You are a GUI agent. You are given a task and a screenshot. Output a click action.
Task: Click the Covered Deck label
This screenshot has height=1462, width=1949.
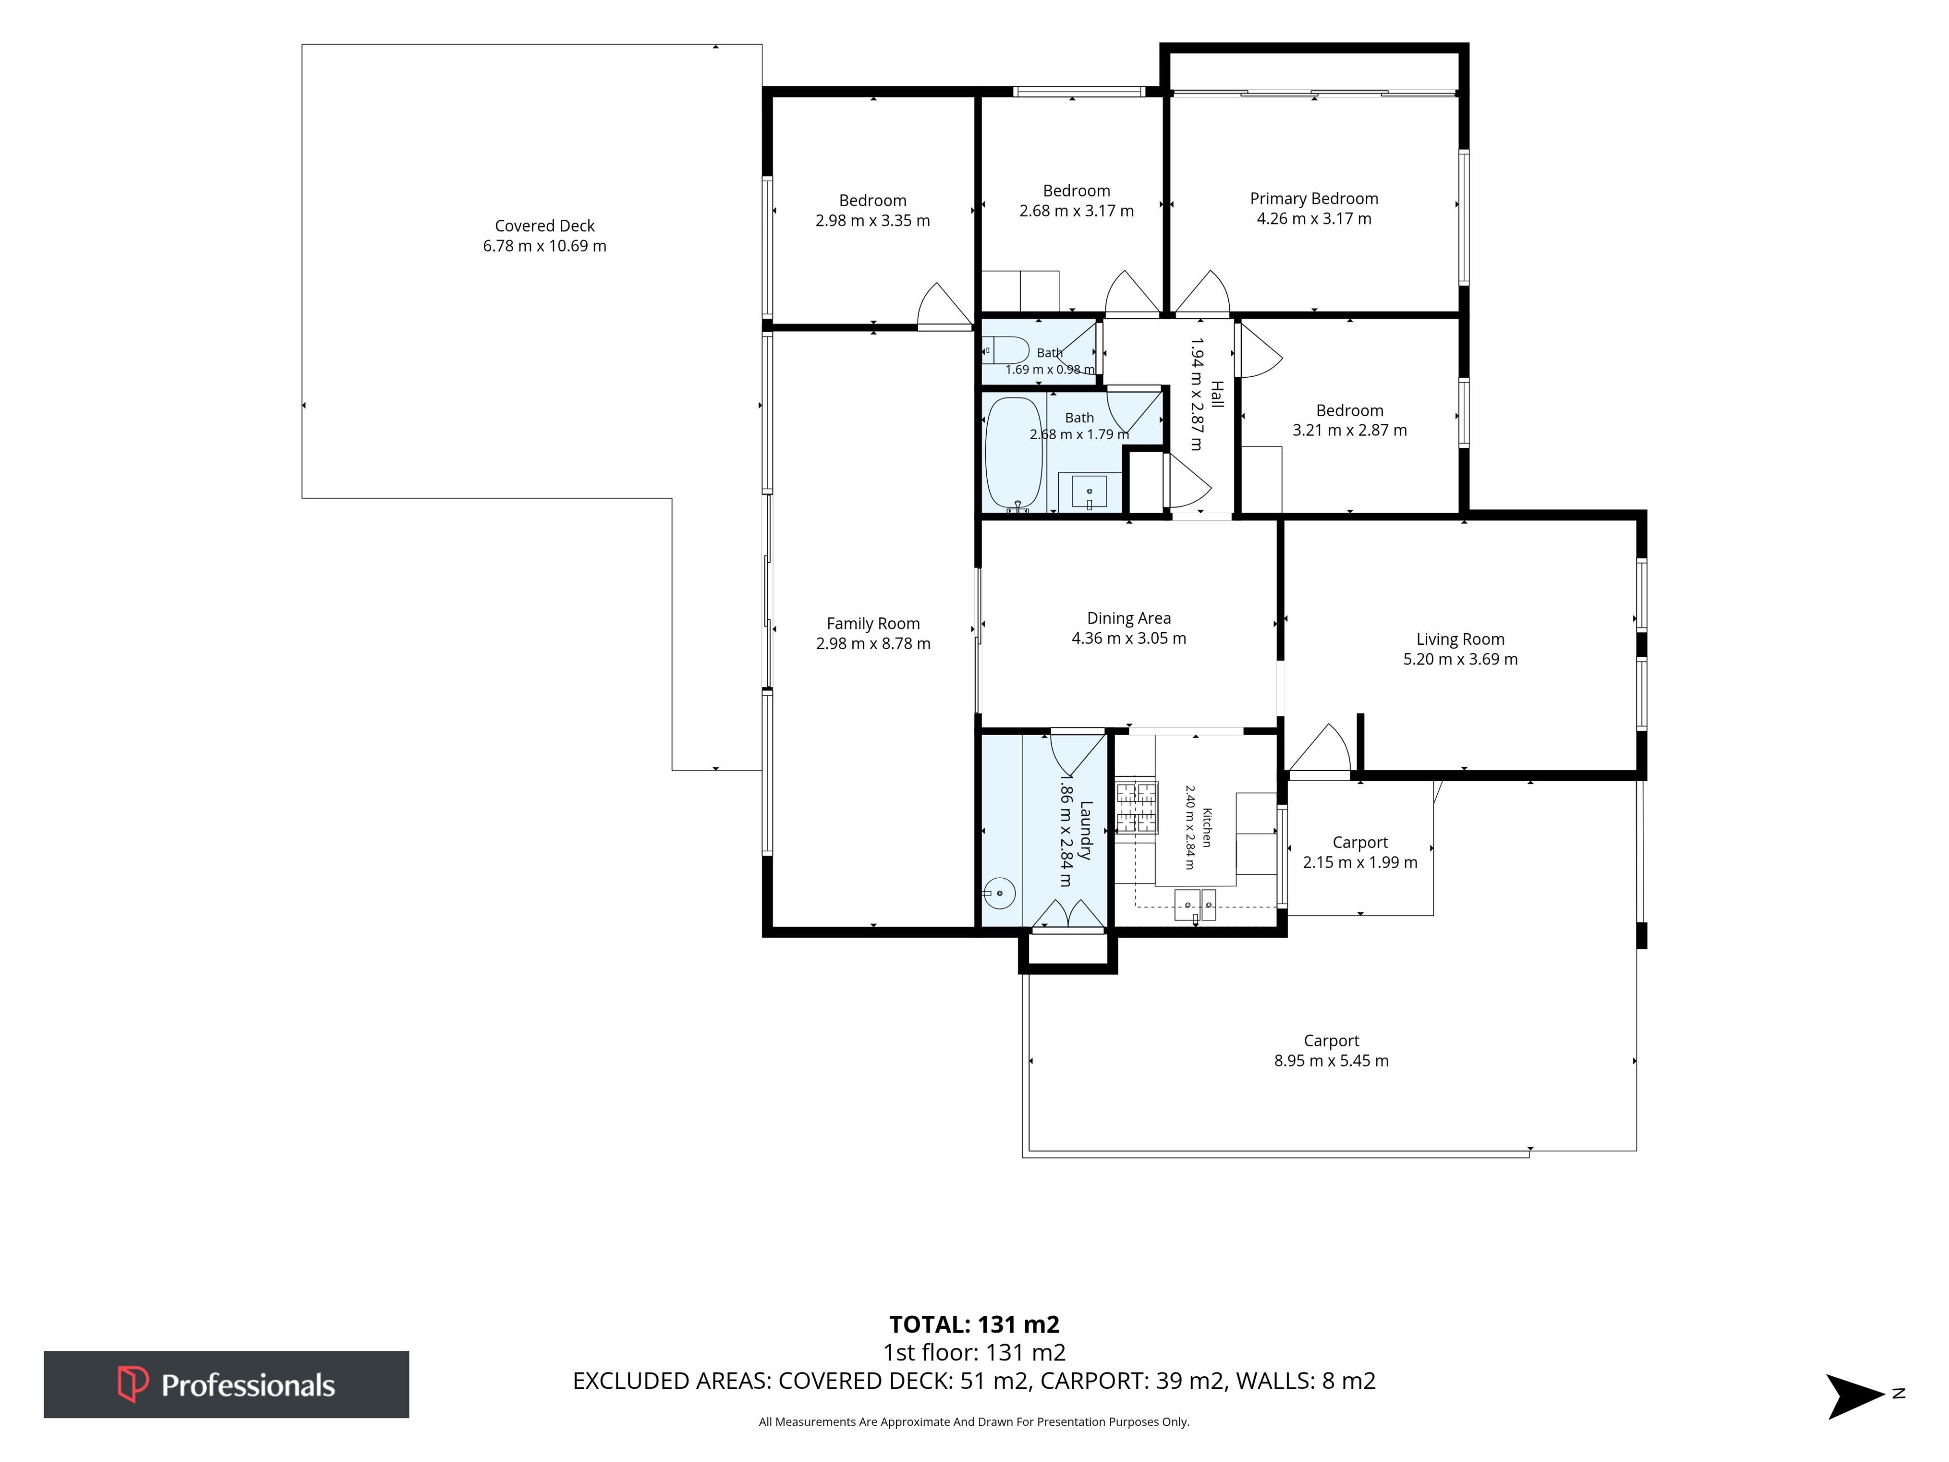545,225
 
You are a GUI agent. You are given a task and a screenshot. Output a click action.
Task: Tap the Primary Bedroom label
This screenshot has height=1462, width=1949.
1314,199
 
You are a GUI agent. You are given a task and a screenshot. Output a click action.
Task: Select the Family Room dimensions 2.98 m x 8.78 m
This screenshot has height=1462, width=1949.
873,643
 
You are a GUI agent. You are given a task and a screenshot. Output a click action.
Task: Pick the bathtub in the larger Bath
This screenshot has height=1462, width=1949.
1014,454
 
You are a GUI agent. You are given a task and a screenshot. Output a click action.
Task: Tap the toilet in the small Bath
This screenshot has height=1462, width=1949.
1005,351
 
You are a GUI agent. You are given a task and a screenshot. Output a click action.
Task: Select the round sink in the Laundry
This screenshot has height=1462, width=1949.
1000,893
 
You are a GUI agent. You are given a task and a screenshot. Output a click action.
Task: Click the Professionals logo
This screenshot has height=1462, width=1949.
226,1384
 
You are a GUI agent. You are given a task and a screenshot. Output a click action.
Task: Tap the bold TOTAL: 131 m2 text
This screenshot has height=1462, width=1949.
974,1324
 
